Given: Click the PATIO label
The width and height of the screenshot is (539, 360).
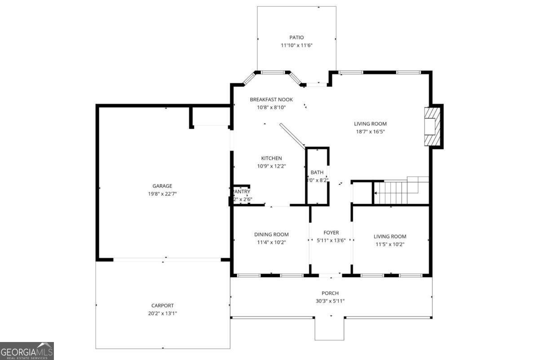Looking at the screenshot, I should [x=296, y=38].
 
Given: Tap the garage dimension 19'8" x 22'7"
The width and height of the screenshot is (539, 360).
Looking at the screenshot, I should [x=162, y=194].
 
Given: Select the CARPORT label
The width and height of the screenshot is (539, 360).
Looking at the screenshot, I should [x=162, y=305].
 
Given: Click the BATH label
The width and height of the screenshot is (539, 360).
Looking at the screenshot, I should [x=317, y=173].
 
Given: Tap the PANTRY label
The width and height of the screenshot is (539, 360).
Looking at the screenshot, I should [x=242, y=191].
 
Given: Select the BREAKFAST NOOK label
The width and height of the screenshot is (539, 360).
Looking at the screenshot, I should [x=271, y=99].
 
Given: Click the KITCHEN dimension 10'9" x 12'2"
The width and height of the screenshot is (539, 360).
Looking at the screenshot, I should [x=271, y=166].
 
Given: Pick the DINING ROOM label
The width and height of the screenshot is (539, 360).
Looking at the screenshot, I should [x=271, y=234].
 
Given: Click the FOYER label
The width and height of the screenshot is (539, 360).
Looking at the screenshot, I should [x=331, y=232].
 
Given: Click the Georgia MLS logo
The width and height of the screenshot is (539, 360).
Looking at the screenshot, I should [x=27, y=351].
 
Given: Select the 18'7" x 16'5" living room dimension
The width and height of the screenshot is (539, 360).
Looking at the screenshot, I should [x=370, y=132].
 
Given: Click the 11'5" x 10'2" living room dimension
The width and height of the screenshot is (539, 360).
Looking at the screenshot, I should [x=390, y=244].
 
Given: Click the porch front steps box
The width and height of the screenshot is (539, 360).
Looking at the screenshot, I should [x=329, y=329].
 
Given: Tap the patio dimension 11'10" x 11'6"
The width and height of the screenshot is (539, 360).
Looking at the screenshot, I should [x=296, y=45].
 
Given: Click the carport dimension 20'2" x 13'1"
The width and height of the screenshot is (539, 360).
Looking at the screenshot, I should [x=162, y=313].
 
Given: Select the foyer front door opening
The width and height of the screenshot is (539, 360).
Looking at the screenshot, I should [x=330, y=275].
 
